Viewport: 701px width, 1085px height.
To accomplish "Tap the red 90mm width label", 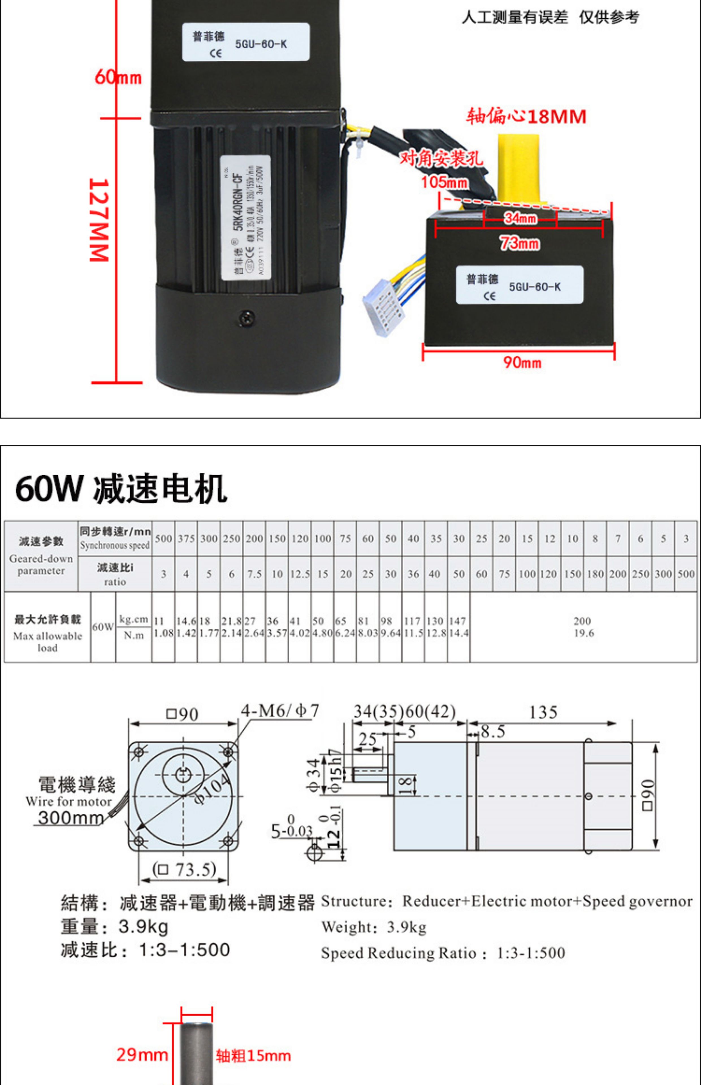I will tap(522, 362).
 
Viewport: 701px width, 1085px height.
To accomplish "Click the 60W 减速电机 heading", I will tap(121, 489).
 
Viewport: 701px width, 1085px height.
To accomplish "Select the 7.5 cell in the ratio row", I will tap(254, 574).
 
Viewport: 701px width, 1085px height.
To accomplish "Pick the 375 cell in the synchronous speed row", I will tap(186, 539).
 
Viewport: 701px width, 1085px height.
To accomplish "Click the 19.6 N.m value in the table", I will tap(584, 633).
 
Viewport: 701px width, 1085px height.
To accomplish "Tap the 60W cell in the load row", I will tap(103, 627).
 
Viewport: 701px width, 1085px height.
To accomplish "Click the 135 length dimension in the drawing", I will tap(543, 712).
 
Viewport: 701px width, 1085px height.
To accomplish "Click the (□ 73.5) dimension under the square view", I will tap(184, 869).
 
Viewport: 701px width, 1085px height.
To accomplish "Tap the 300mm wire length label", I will tap(71, 817).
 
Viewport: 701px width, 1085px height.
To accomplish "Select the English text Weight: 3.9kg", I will tap(374, 927).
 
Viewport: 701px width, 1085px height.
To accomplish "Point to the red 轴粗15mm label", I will tap(253, 1055).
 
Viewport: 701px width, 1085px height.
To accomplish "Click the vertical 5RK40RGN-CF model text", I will tap(237, 205).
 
